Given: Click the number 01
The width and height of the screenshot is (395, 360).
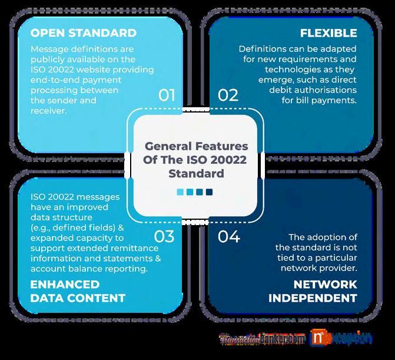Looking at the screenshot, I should click(167, 95).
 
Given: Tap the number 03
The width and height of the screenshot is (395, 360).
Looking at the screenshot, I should click(164, 237).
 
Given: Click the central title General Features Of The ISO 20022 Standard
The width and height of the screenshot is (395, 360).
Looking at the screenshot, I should click(196, 159).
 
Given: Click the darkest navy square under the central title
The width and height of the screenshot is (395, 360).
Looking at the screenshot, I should click(209, 191).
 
